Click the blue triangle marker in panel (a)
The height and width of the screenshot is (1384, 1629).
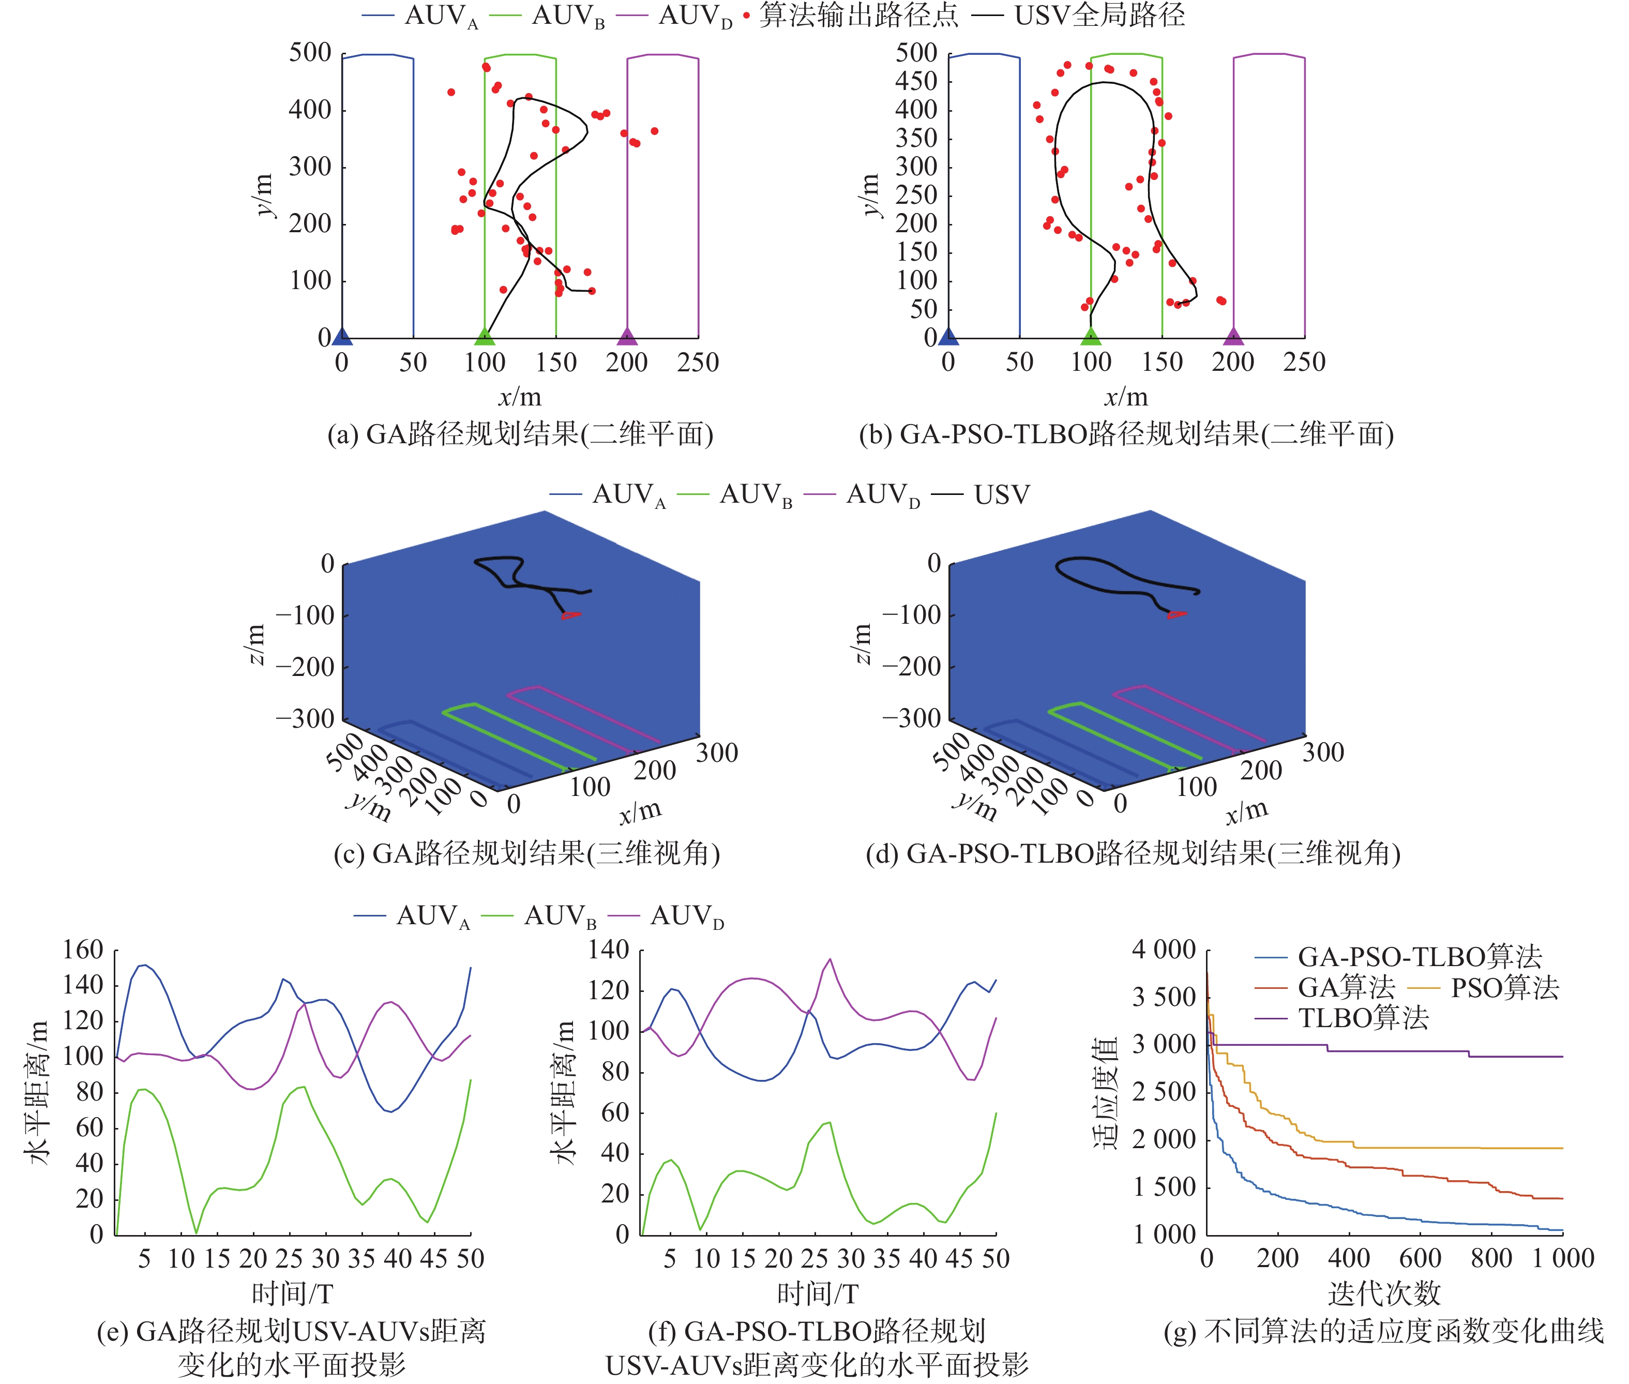click(342, 337)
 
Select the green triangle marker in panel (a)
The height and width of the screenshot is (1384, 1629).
click(485, 337)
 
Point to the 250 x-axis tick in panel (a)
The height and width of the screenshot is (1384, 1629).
click(698, 363)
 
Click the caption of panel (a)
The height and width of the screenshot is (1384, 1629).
click(520, 434)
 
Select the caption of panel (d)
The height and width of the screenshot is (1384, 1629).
click(1133, 853)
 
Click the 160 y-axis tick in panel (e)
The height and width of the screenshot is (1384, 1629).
click(83, 950)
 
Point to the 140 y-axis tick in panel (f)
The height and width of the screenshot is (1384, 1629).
click(609, 950)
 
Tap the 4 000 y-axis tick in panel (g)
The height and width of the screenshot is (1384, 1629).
click(1163, 950)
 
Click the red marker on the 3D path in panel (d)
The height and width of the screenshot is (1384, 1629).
click(1175, 614)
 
